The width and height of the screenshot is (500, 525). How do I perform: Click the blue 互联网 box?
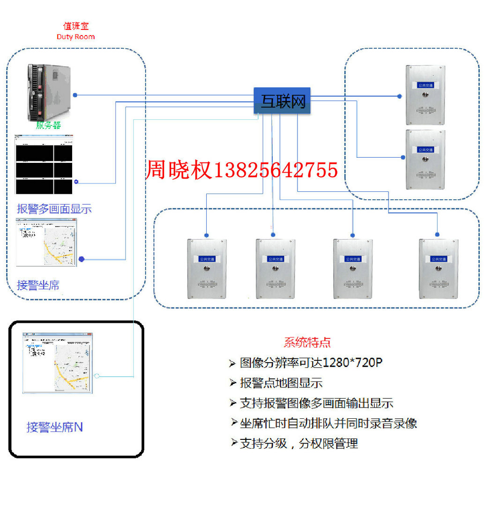click(x=282, y=101)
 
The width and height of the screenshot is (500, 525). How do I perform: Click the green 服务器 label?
click(x=48, y=125)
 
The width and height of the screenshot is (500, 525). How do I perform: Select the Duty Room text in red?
click(x=75, y=36)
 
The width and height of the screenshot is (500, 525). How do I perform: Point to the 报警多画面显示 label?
click(x=54, y=209)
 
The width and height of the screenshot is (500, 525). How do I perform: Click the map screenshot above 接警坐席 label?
click(x=46, y=243)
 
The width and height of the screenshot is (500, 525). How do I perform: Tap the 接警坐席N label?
click(x=55, y=427)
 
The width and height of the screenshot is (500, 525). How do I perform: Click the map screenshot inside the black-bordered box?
click(x=57, y=363)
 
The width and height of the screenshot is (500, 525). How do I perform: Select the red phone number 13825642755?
click(x=276, y=169)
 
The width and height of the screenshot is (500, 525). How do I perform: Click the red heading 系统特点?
click(x=307, y=343)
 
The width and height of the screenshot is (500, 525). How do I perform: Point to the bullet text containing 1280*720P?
click(x=311, y=363)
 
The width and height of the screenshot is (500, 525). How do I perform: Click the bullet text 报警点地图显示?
click(x=281, y=383)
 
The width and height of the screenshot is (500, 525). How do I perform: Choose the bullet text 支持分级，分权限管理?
click(x=299, y=443)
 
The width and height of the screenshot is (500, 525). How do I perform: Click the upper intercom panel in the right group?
click(x=425, y=95)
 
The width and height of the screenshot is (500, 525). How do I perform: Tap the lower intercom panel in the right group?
click(x=425, y=160)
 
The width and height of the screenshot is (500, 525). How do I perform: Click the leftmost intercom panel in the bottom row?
click(x=207, y=269)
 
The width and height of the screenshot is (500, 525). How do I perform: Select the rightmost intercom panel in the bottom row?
click(x=438, y=269)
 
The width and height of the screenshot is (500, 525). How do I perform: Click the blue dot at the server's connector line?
click(x=75, y=95)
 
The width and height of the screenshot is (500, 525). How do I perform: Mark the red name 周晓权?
click(x=179, y=169)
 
